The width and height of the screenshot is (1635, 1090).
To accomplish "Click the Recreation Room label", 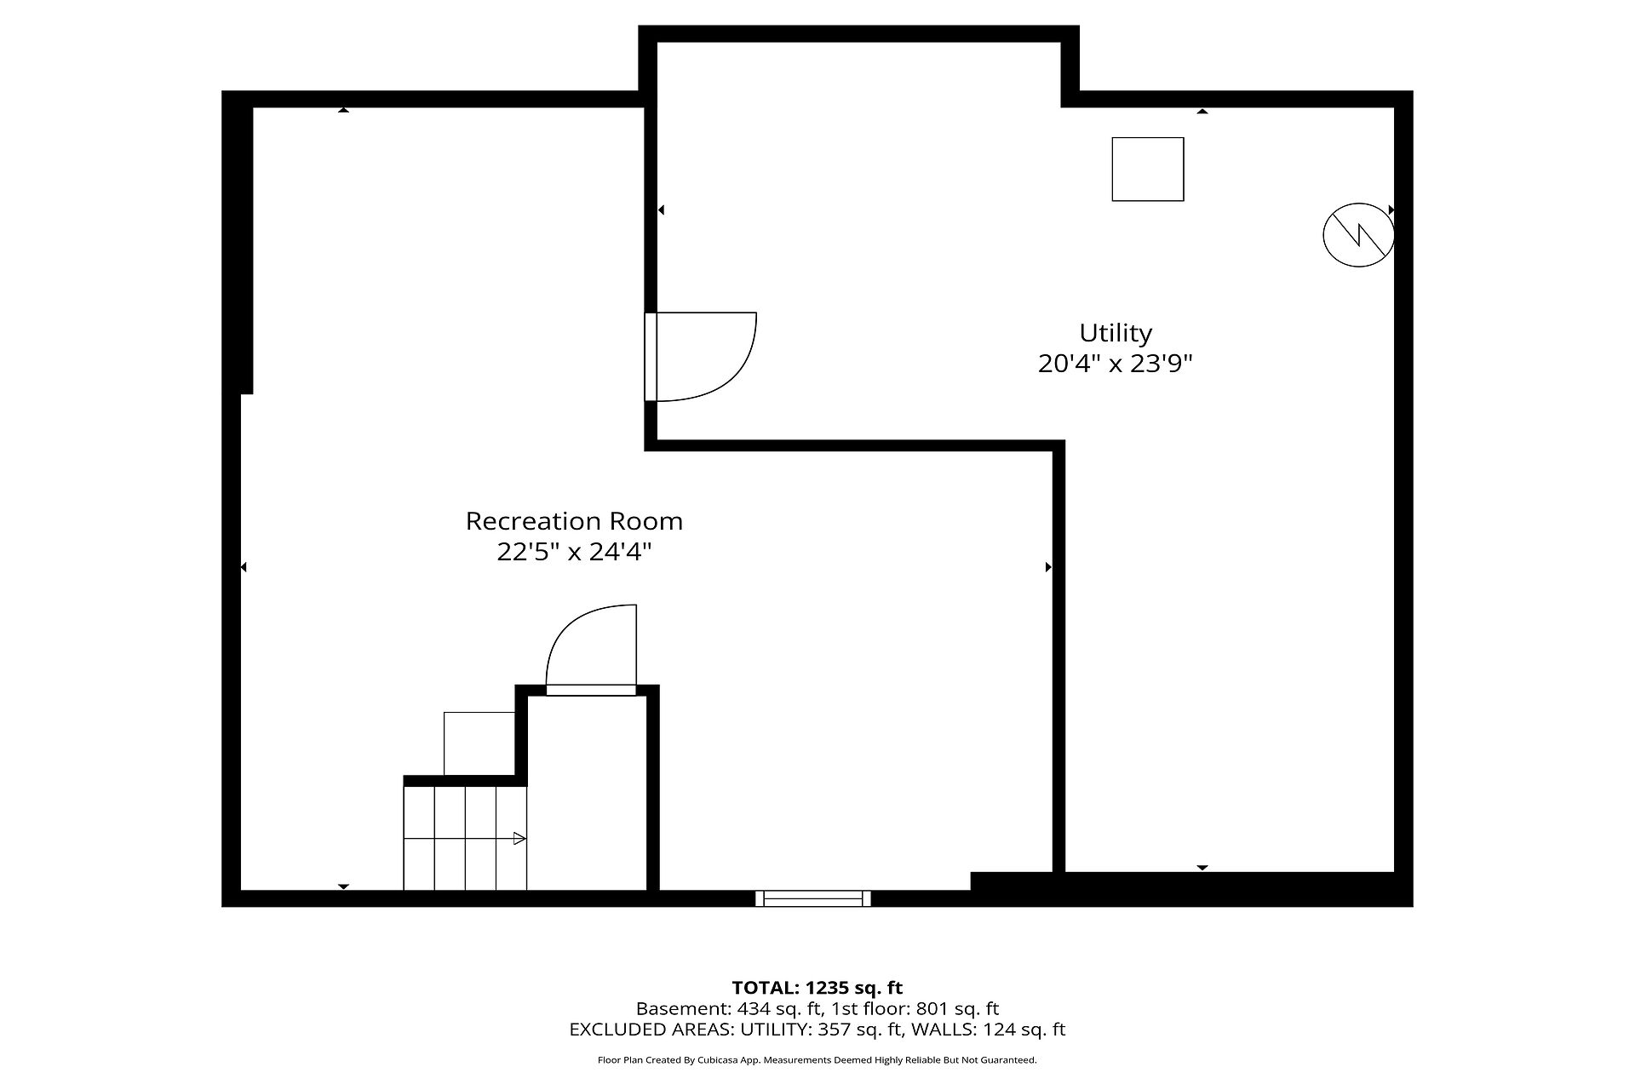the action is point(574,521).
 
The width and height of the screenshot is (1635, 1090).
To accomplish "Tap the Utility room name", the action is point(1116,333).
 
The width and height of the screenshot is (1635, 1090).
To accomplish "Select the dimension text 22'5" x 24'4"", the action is point(574,552).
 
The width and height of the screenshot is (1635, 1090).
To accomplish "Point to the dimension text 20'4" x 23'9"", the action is point(1116,364).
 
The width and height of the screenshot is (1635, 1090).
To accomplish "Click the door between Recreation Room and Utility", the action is point(701,356).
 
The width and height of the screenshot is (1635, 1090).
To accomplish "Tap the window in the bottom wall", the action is point(813,898).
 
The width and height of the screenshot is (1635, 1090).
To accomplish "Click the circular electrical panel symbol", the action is point(1358,235).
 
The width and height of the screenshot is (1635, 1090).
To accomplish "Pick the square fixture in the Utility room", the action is point(1148,169).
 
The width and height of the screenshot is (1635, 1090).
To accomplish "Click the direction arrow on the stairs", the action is point(465,839).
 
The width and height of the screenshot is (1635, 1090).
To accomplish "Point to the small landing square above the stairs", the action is point(479,743).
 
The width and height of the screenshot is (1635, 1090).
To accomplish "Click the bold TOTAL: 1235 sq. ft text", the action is point(817,988).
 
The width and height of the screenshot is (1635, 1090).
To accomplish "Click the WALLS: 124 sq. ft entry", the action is point(989,1030).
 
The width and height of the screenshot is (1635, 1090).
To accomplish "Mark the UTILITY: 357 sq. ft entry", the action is point(815,1030).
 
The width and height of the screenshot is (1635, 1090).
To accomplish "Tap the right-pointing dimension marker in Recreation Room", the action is point(1048,567).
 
